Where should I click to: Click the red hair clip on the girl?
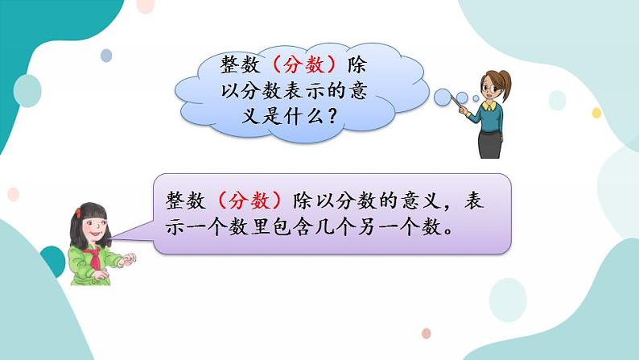[79, 213]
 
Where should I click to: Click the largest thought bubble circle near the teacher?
[443, 97]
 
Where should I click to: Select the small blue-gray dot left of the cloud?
[106, 56]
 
